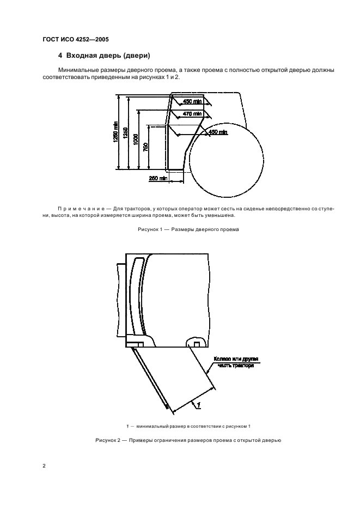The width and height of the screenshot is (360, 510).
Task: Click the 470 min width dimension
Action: [x=192, y=113]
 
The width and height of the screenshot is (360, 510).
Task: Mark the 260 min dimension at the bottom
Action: [x=157, y=178]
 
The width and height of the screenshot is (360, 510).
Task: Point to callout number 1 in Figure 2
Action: [x=200, y=403]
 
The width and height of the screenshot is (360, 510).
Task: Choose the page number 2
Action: [x=44, y=467]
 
